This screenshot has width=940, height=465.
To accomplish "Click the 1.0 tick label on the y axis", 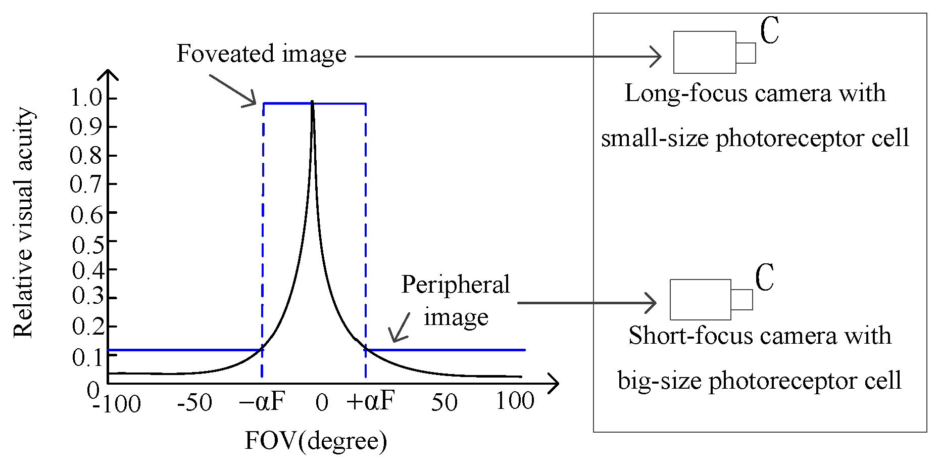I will point(86,98).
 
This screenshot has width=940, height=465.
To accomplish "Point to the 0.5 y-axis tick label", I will point(88,245).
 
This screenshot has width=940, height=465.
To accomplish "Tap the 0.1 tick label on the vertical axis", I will point(88,357).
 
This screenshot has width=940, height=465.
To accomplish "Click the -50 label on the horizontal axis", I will point(194,403).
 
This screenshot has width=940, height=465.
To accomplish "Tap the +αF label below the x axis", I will point(370,401).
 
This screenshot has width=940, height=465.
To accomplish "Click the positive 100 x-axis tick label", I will point(515,401).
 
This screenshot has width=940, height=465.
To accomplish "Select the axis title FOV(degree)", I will point(316,441).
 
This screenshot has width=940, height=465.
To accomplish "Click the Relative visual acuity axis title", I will point(24,222).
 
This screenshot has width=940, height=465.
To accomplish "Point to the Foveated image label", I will point(261,54).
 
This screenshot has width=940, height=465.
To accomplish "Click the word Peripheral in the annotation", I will point(456,285).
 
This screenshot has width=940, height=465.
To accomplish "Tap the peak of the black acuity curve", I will point(312,102).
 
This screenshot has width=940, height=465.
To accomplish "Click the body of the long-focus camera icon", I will point(704,52).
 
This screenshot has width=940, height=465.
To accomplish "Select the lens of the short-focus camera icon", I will point(741,300).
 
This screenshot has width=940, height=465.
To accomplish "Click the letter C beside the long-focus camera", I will point(769,30).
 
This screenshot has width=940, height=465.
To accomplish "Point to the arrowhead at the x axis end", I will point(554,384).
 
